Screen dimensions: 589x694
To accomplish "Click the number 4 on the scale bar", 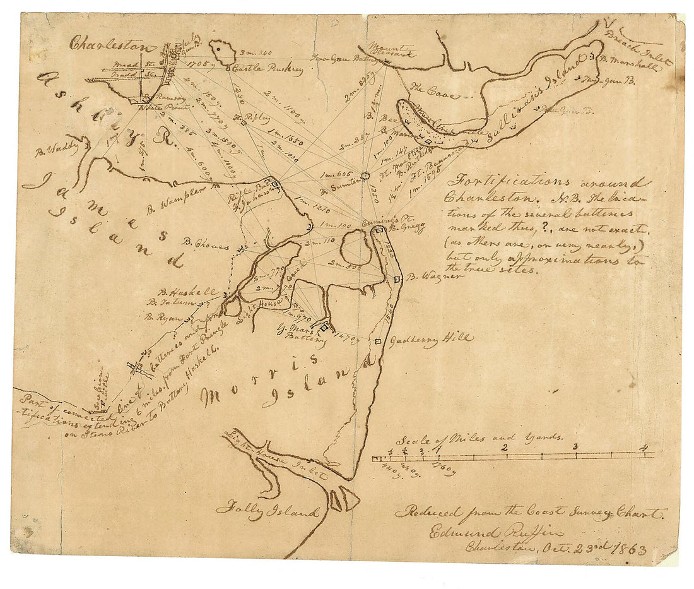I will pos(644,448).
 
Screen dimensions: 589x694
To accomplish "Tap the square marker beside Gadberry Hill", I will pos(378,342).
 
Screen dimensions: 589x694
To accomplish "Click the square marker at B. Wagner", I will pos(397,278).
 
